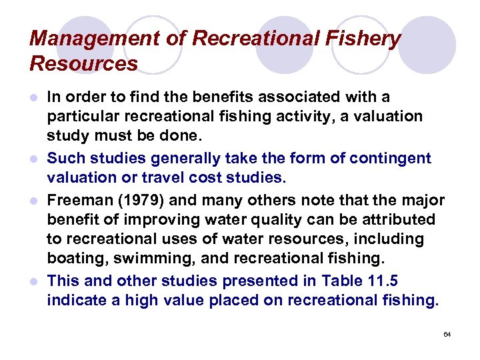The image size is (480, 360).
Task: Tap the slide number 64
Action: (x=447, y=333)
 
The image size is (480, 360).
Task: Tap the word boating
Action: (x=73, y=257)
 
